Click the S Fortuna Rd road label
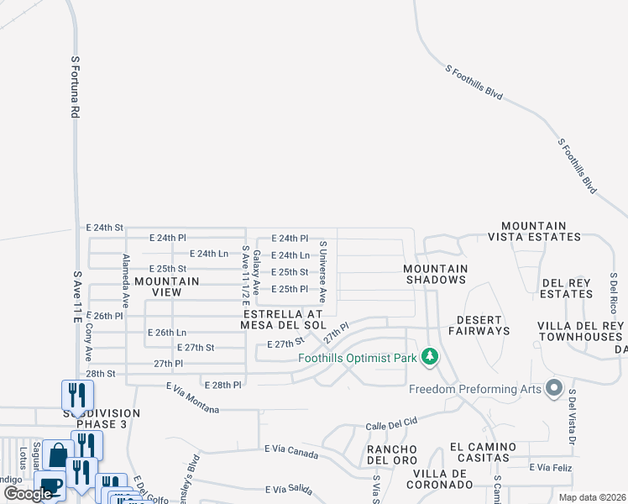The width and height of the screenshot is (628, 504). (75, 87)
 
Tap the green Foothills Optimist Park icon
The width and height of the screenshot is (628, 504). (430, 358)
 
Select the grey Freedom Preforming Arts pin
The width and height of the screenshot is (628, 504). (553, 388)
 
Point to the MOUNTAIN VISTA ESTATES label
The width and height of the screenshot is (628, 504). (534, 232)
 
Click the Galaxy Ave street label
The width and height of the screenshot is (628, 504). (258, 270)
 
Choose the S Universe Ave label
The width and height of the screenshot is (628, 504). (322, 271)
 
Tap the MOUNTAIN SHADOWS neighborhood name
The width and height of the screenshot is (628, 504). (435, 275)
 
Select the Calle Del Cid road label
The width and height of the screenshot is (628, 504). (391, 425)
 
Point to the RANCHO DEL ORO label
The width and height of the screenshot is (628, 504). (392, 454)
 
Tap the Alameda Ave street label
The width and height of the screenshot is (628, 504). (126, 279)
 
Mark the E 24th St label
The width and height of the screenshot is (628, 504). (104, 228)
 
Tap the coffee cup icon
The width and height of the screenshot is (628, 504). (50, 486)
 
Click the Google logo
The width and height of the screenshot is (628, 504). (28, 494)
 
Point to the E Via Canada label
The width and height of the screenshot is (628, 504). (290, 453)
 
